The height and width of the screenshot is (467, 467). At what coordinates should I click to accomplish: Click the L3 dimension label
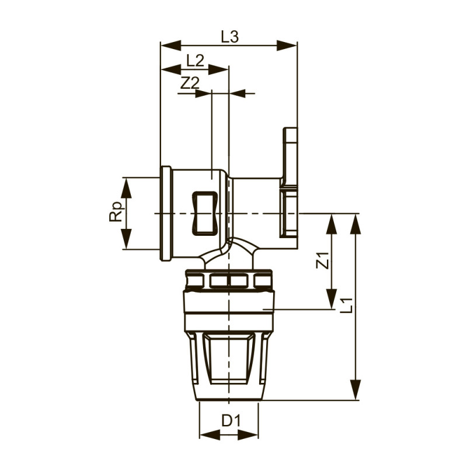229,37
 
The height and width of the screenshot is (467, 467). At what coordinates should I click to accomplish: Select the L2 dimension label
195,60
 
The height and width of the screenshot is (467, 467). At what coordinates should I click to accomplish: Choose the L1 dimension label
346,305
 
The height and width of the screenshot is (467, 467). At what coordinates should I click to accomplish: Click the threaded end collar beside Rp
166,214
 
